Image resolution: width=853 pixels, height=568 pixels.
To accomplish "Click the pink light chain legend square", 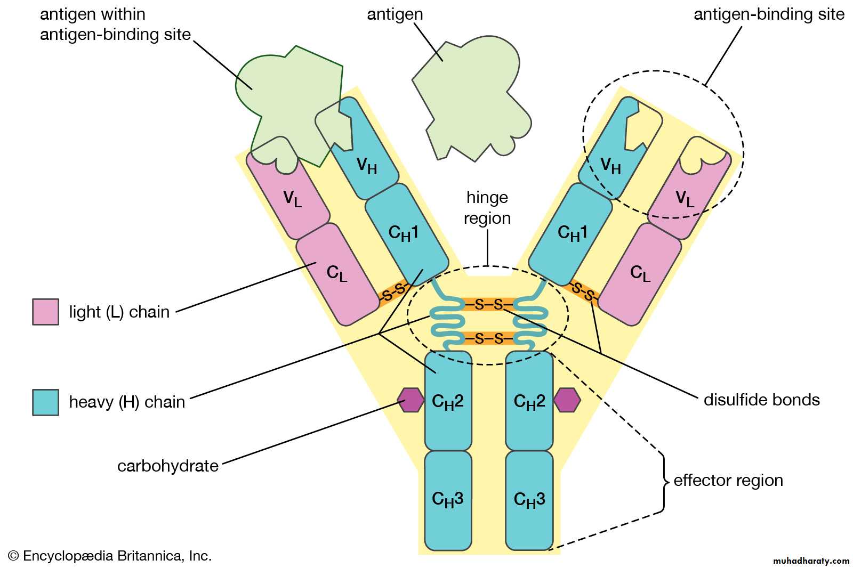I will point(45,312).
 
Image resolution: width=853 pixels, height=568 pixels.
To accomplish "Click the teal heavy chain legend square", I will point(45,402).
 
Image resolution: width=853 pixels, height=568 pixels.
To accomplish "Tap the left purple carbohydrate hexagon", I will point(411,400).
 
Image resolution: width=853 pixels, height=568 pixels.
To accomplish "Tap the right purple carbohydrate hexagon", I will point(567,400).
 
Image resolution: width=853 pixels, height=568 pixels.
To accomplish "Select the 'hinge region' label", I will point(487,208).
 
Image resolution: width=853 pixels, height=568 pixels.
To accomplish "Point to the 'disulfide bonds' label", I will point(761,400).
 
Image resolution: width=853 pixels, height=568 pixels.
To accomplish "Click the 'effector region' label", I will point(728,480).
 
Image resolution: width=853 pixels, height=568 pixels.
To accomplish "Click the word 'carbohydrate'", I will point(168,466).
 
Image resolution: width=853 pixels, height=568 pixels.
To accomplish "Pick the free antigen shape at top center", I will point(469,96).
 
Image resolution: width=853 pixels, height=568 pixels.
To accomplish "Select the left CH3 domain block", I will point(448,500).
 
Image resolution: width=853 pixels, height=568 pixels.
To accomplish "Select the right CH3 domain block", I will point(529,500).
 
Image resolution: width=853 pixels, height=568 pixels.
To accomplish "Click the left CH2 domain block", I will point(448,401).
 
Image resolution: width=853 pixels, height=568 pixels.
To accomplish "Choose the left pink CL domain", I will point(337,274).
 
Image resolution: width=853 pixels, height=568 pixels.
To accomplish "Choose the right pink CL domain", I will point(640,274).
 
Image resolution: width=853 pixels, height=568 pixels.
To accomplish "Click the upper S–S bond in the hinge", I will point(488,304).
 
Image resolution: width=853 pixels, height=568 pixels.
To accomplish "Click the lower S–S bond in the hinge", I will point(488,338).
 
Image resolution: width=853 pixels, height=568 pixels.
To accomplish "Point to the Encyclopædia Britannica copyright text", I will point(110,556).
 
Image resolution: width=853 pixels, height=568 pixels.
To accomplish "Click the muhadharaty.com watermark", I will point(811,561).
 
